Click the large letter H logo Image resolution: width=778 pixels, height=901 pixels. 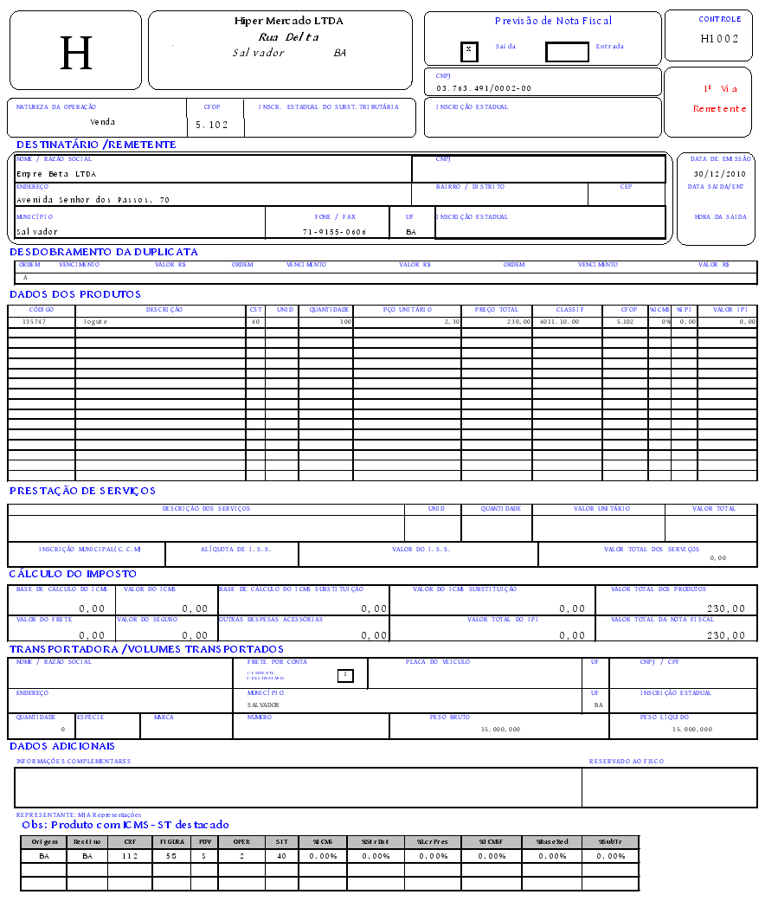pyautogui.click(x=75, y=54)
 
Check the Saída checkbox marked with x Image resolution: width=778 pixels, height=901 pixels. pyautogui.click(x=469, y=50)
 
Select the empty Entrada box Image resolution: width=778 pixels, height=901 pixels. pyautogui.click(x=567, y=52)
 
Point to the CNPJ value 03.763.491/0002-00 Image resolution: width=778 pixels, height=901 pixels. pyautogui.click(x=484, y=88)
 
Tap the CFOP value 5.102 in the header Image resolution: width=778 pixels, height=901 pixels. pyautogui.click(x=212, y=125)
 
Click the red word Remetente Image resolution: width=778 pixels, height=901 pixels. pyautogui.click(x=719, y=109)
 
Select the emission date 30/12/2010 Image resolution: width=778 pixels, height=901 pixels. pyautogui.click(x=719, y=174)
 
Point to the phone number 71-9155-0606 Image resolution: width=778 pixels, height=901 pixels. pyautogui.click(x=334, y=232)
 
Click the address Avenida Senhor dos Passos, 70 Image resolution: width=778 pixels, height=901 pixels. pyautogui.click(x=93, y=200)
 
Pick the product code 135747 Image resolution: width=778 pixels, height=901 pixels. pyautogui.click(x=34, y=322)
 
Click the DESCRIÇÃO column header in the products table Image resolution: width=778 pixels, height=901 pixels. pyautogui.click(x=164, y=310)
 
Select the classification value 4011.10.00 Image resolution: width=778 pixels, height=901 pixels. pyautogui.click(x=558, y=322)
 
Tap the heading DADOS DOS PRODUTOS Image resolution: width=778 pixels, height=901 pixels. pyautogui.click(x=75, y=294)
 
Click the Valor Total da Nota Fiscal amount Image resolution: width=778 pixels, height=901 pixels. pyautogui.click(x=725, y=635)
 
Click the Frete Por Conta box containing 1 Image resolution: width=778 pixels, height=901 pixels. pyautogui.click(x=344, y=674)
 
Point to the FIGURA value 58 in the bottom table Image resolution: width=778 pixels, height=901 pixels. pyautogui.click(x=172, y=856)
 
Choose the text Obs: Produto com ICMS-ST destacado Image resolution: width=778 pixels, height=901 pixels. pyautogui.click(x=125, y=825)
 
